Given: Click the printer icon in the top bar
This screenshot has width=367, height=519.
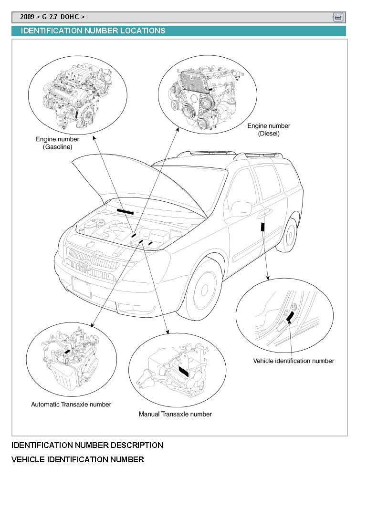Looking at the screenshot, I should click(x=338, y=17).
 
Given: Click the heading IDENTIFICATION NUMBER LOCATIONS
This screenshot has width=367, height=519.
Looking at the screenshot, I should click(x=93, y=31).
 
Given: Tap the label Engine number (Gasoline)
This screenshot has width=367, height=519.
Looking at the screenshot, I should click(x=58, y=143).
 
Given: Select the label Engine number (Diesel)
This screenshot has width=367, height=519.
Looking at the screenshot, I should click(x=269, y=130).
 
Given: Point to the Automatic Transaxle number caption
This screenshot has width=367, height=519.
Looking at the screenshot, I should click(x=71, y=405).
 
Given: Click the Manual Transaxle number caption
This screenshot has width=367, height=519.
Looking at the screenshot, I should click(x=175, y=414).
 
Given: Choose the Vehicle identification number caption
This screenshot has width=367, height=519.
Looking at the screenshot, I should click(x=294, y=361).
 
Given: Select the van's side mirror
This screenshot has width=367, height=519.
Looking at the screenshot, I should click(x=241, y=208).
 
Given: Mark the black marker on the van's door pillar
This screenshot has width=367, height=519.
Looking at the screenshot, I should click(x=262, y=226).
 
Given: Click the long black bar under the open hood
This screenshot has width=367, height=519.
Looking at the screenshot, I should click(x=125, y=211).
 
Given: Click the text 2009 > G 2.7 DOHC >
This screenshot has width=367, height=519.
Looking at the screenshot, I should click(x=52, y=17).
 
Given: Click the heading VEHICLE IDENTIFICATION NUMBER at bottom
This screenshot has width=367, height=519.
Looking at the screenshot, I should click(x=77, y=460).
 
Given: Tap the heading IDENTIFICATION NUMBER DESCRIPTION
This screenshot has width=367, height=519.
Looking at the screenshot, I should click(x=87, y=445).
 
